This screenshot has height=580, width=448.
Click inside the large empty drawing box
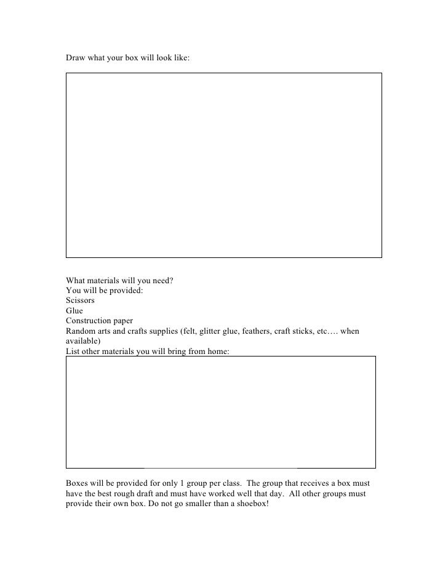[224, 165]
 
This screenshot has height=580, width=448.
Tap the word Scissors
[80, 300]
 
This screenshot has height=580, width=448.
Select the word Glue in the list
[74, 311]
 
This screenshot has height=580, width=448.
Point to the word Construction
[88, 321]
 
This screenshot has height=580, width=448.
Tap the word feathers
[255, 331]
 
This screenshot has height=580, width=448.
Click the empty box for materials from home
[220, 411]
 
